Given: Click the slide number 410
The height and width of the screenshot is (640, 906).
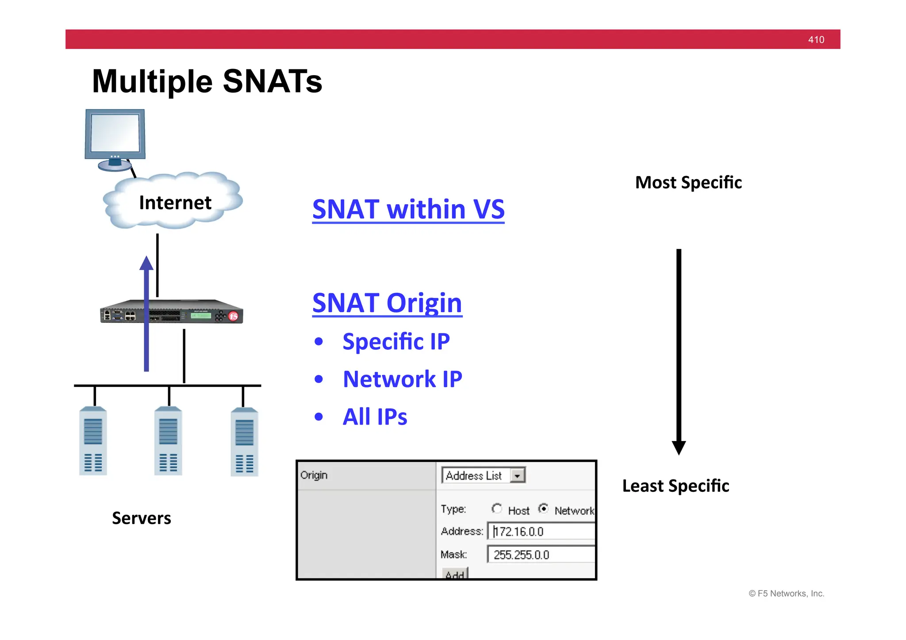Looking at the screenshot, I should pyautogui.click(x=816, y=40).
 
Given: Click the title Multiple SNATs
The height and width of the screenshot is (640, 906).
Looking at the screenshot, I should pyautogui.click(x=207, y=81).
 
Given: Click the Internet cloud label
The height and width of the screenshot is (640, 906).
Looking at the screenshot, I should pyautogui.click(x=175, y=203).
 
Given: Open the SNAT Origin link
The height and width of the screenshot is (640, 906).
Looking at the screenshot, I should pyautogui.click(x=387, y=303).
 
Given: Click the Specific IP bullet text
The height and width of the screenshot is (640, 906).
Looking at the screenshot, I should pyautogui.click(x=396, y=341).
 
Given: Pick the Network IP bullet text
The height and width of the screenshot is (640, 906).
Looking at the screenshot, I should pyautogui.click(x=402, y=379).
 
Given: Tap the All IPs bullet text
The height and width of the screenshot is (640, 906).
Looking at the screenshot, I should pyautogui.click(x=375, y=417).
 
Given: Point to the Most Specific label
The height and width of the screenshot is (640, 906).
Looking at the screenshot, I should pyautogui.click(x=688, y=182).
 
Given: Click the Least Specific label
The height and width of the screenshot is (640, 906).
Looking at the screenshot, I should pyautogui.click(x=676, y=486).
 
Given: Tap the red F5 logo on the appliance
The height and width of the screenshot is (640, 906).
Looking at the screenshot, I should pyautogui.click(x=234, y=316).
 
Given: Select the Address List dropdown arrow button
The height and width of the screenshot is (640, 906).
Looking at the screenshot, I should pyautogui.click(x=517, y=476).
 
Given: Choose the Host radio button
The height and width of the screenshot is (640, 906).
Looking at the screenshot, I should pyautogui.click(x=497, y=509).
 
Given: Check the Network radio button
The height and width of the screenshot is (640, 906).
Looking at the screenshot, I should pyautogui.click(x=543, y=509).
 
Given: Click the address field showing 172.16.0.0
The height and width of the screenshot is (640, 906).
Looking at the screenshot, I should pyautogui.click(x=542, y=531).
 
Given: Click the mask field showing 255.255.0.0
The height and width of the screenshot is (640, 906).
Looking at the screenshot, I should pyautogui.click(x=542, y=555).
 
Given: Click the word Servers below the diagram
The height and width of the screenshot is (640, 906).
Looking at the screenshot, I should pyautogui.click(x=141, y=518).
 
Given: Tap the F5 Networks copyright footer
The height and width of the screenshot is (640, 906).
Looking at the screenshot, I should pyautogui.click(x=786, y=594).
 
